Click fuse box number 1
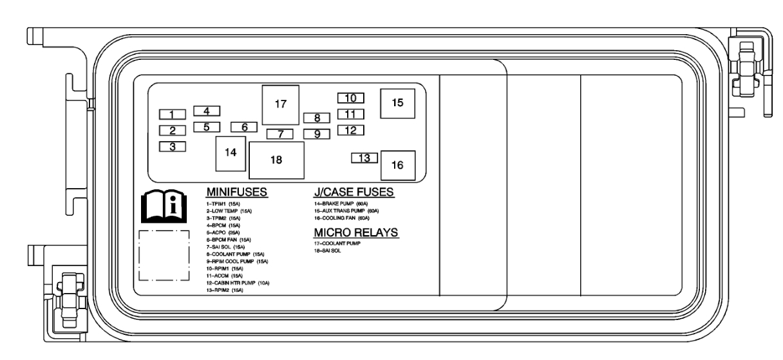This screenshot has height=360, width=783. (x=173, y=115)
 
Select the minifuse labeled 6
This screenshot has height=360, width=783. (x=245, y=127)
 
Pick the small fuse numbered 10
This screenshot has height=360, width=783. (x=351, y=98)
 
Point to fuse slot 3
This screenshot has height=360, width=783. (x=173, y=147)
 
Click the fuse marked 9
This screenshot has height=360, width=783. (x=317, y=134)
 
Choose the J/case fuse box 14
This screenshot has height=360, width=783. (x=231, y=153)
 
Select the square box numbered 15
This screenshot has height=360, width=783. (x=397, y=103)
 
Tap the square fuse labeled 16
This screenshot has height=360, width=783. (x=397, y=165)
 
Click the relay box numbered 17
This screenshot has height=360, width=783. (x=280, y=104)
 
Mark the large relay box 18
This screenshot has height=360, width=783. (x=276, y=160)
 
